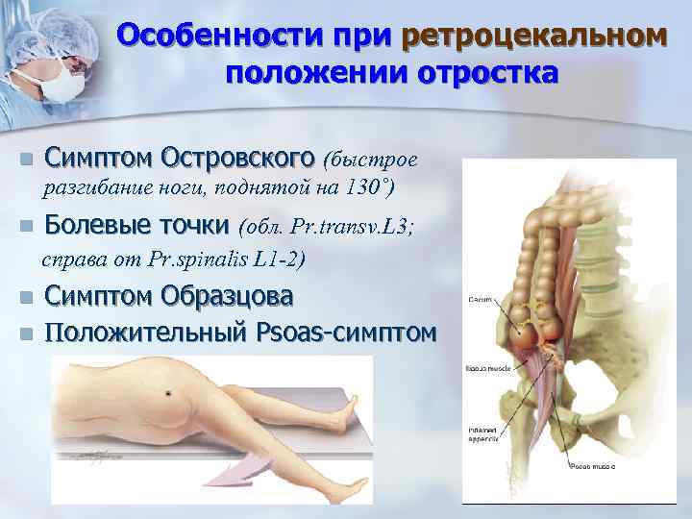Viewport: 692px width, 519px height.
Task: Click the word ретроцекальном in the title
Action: pyautogui.click(x=533, y=36)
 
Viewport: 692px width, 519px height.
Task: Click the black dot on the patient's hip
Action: pyautogui.click(x=169, y=393)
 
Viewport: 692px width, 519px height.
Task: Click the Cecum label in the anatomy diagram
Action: pyautogui.click(x=480, y=300)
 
